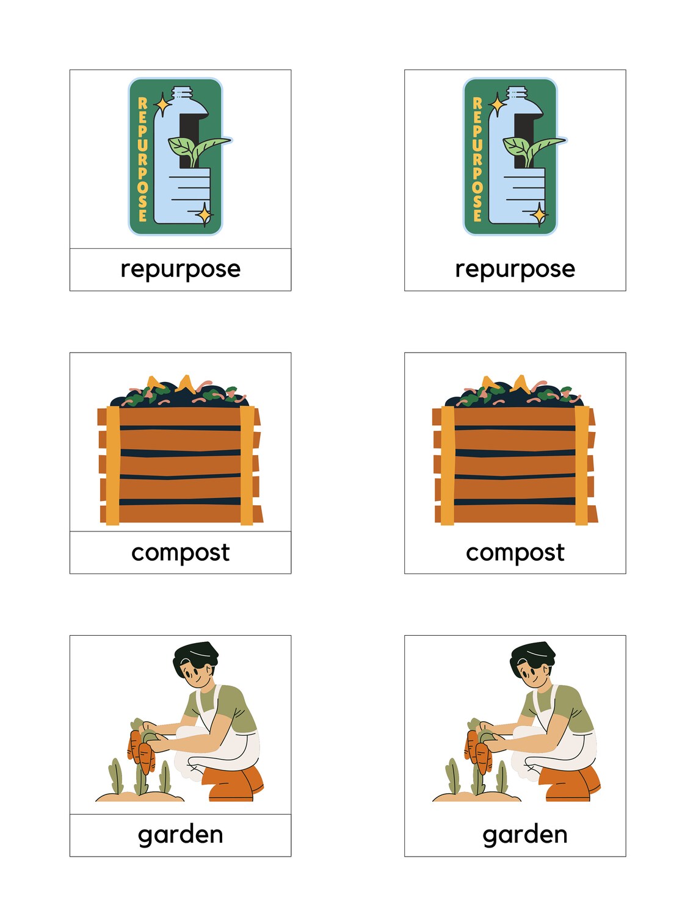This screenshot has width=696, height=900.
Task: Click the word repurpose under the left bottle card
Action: (180, 269)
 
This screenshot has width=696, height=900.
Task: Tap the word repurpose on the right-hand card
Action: (515, 269)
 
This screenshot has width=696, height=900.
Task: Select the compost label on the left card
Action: (180, 552)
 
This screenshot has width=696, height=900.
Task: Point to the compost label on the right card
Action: (515, 552)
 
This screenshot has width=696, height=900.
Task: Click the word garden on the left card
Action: (180, 834)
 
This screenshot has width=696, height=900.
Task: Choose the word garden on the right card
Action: (524, 834)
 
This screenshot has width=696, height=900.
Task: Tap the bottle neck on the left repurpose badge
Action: (183, 95)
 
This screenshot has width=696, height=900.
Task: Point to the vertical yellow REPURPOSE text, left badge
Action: (142, 159)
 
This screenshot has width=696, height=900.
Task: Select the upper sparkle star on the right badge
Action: (498, 104)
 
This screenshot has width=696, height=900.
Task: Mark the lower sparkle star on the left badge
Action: (204, 215)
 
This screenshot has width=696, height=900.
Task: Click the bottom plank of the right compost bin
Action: (515, 514)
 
